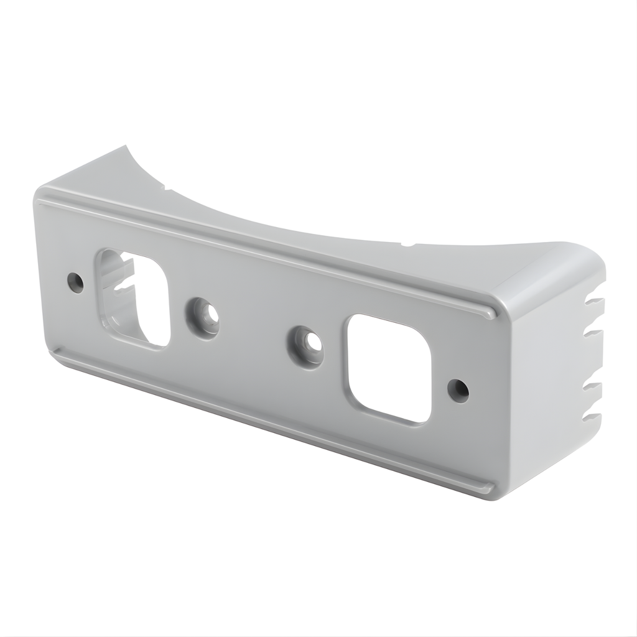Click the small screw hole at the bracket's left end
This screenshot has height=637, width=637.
pos(75,283)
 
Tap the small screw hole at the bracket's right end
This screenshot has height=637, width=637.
pos(458,391)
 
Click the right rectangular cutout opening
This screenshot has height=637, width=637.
pos(389,368)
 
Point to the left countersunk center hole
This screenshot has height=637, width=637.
pos(203,317)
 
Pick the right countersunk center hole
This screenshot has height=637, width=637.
pos(306,345)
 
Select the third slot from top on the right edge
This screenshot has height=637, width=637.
pos(594,388)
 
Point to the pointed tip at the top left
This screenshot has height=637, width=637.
pos(127,147)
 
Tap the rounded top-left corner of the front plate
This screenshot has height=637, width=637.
pos(42,194)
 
